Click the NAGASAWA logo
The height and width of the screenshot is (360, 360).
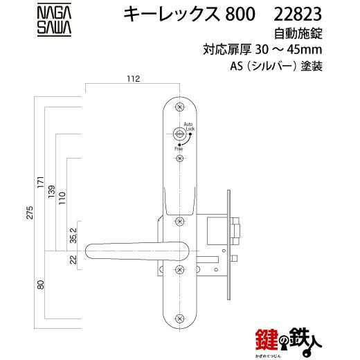point(54,19)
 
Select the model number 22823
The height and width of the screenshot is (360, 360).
point(298,14)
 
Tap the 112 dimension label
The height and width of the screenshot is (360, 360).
point(134,79)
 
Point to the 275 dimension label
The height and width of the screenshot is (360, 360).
point(30,213)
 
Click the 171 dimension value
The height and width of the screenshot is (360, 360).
point(41,182)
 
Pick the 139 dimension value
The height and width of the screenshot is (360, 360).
point(51,191)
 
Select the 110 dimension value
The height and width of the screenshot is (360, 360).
point(62,198)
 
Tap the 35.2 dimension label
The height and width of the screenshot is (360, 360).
point(73,235)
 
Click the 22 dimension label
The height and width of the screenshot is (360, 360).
point(73,260)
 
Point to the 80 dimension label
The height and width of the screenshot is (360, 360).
point(41,285)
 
